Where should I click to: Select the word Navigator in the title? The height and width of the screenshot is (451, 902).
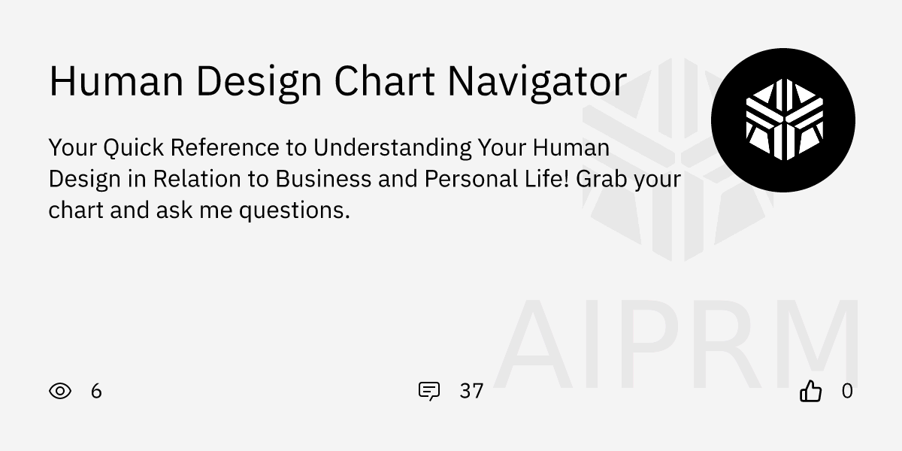click(537, 81)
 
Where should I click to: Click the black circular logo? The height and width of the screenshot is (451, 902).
click(782, 120)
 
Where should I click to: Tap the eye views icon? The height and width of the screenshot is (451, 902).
click(60, 391)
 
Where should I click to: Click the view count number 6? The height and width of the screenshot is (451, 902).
click(96, 391)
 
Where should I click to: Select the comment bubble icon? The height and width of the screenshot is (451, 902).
click(428, 391)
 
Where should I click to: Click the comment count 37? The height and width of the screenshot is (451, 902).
click(471, 391)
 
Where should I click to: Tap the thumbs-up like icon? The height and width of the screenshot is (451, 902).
click(810, 391)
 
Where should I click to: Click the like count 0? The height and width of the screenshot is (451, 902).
click(847, 391)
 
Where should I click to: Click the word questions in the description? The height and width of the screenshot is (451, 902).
click(295, 211)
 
